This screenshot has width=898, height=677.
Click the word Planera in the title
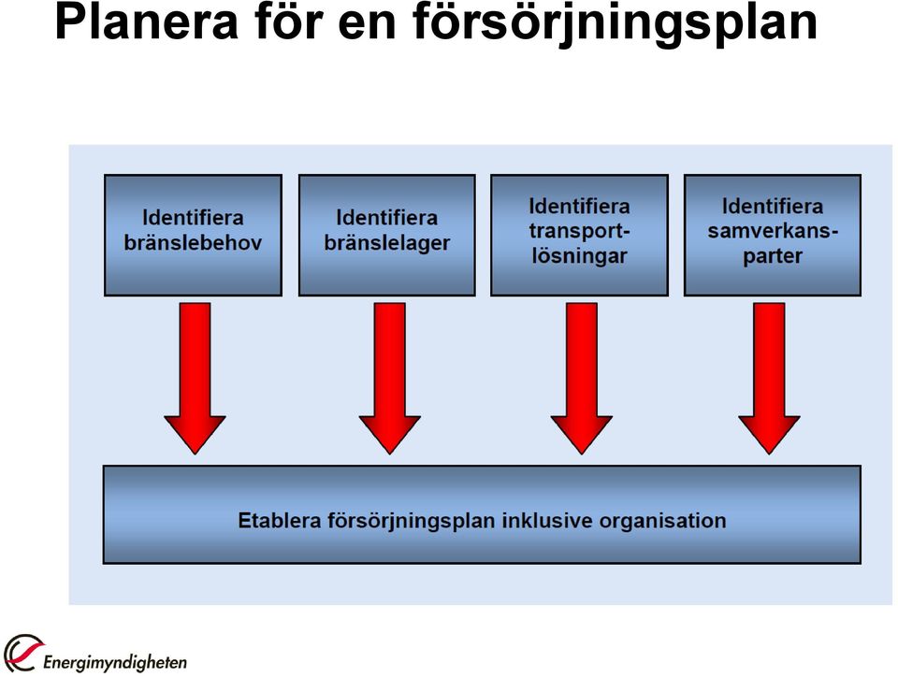[x=146, y=22]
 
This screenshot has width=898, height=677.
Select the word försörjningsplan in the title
[x=615, y=26]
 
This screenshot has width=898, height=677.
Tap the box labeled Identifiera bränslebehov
[x=193, y=236]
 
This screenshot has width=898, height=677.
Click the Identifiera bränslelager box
[x=387, y=236]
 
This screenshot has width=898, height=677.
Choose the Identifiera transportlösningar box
[x=580, y=236]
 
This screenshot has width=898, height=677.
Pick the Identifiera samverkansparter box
[x=773, y=236]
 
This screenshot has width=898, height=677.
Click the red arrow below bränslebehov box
[x=195, y=379]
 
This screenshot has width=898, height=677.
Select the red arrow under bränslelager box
[x=389, y=379]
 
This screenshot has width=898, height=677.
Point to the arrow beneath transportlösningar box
[x=581, y=379]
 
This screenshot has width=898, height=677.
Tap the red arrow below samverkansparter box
[x=769, y=379]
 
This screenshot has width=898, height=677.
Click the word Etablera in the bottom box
[x=280, y=520]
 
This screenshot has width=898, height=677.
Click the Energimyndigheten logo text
[x=115, y=662]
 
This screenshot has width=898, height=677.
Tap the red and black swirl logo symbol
[x=22, y=653]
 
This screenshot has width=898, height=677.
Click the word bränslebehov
[x=193, y=242]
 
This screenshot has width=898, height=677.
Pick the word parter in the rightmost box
[x=773, y=256]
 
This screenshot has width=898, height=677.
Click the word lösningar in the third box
[x=580, y=256]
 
